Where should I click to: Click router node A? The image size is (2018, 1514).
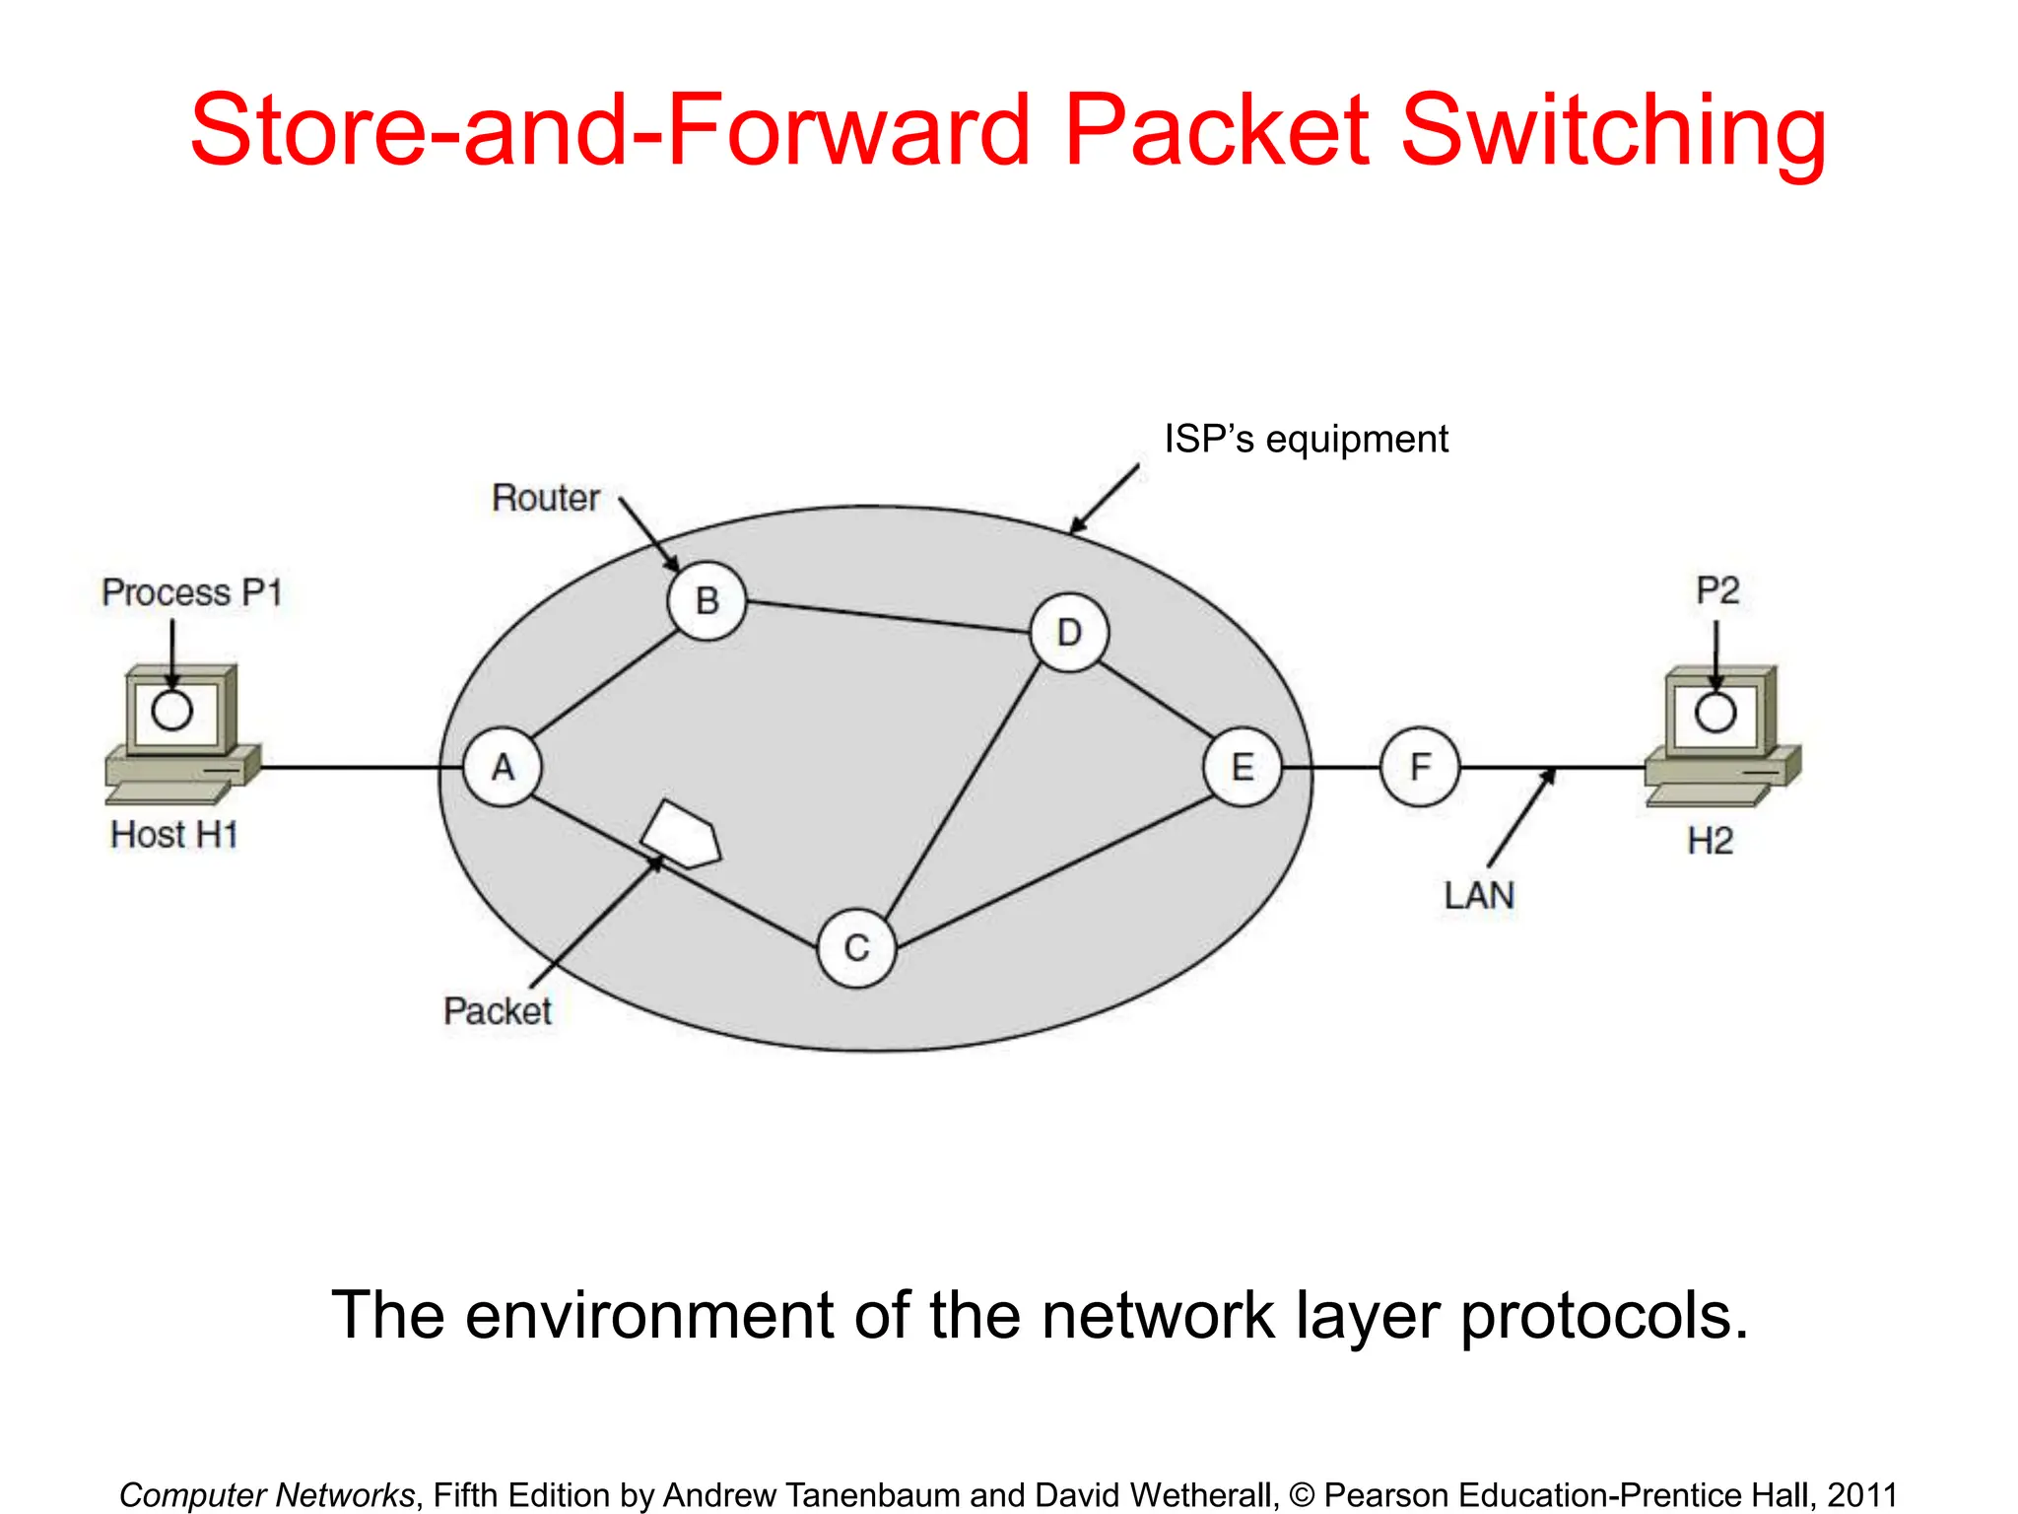tap(503, 767)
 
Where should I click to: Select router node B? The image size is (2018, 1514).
tap(706, 600)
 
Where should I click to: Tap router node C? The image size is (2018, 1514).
tap(856, 947)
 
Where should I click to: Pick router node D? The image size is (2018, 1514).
tap(1069, 633)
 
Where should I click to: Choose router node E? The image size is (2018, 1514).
tap(1243, 767)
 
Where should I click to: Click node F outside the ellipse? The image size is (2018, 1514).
tap(1419, 767)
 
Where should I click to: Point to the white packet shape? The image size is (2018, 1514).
tap(682, 835)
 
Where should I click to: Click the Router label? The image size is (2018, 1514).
tap(545, 498)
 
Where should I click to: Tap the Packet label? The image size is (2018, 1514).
tap(497, 1011)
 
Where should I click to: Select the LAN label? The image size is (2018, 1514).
tap(1478, 896)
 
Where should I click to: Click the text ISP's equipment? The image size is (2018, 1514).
tap(1306, 440)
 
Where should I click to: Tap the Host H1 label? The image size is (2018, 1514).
tap(174, 835)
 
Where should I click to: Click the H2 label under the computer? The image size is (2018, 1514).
tap(1710, 841)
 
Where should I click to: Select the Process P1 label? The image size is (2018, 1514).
tap(192, 592)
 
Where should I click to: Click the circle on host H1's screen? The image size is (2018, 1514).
tap(171, 711)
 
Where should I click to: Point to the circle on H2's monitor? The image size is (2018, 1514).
tap(1715, 713)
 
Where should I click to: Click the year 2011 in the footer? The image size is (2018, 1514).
tap(1861, 1494)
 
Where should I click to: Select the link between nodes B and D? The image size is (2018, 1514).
tap(887, 616)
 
